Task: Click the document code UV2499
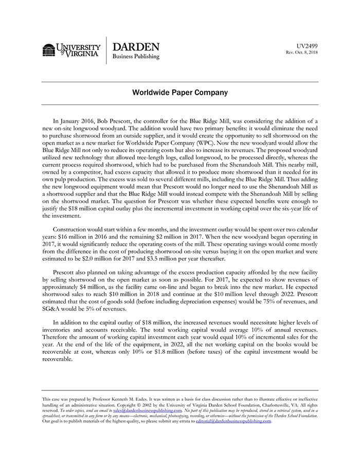coord(308,46)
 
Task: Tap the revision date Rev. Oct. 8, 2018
coord(301,52)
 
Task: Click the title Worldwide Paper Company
coord(179,93)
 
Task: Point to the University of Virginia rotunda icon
coord(49,50)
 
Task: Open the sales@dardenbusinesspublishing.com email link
coord(147,410)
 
